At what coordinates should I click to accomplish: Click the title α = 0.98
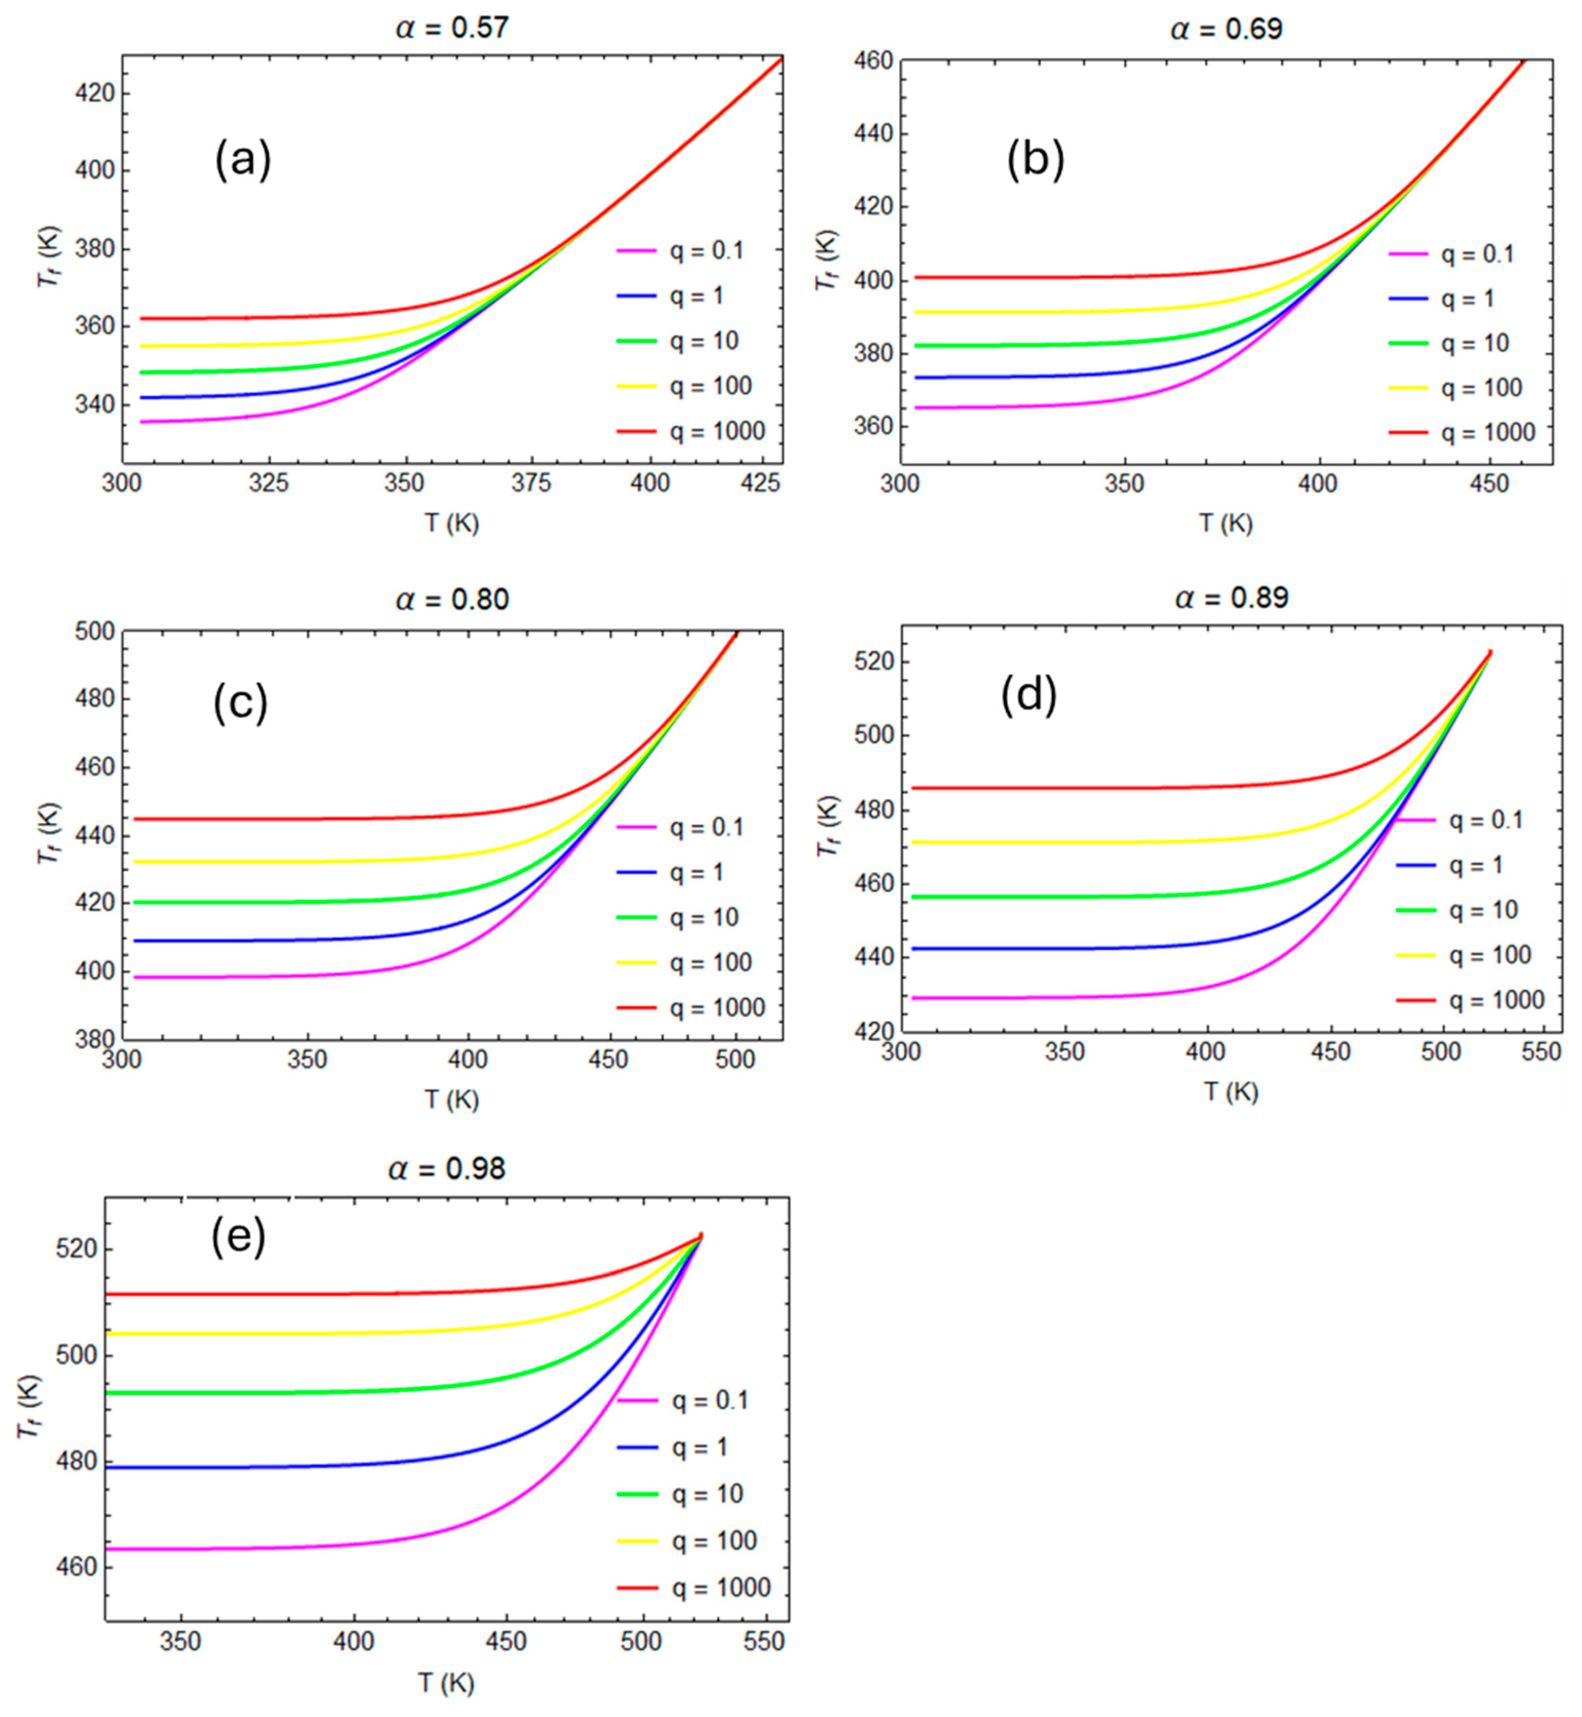tap(446, 1169)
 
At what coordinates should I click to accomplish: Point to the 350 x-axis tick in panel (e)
tap(181, 1642)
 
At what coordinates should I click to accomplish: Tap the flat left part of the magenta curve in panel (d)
tap(1027, 998)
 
